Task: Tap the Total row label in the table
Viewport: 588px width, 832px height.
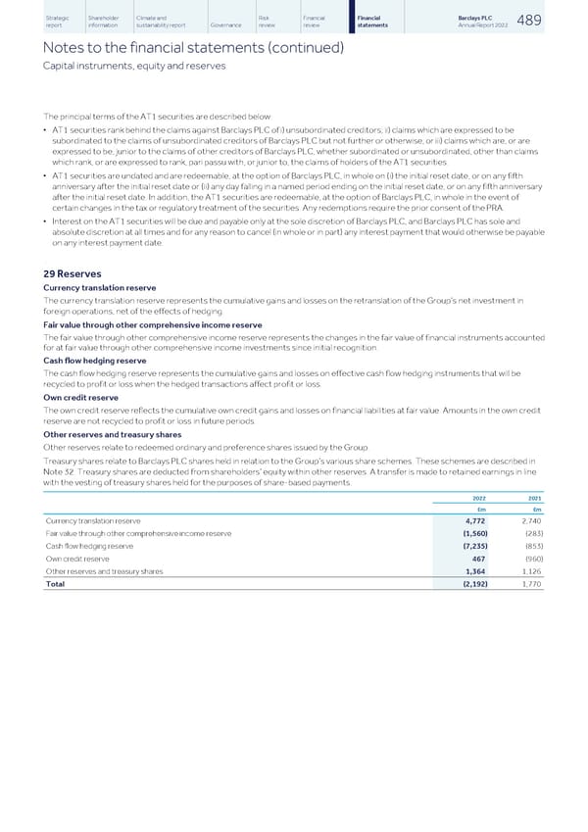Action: click(56, 584)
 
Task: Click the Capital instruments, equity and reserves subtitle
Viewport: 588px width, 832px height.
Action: click(134, 66)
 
